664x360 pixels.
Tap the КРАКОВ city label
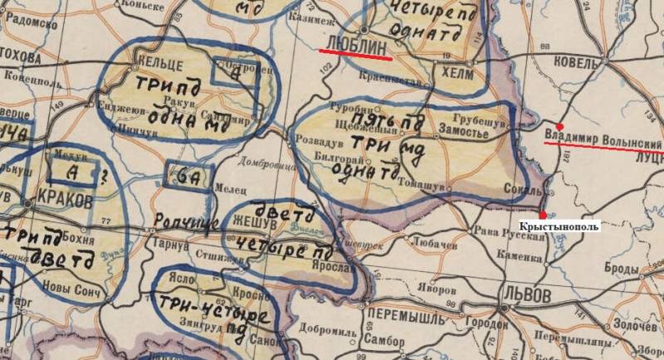pos(65,202)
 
